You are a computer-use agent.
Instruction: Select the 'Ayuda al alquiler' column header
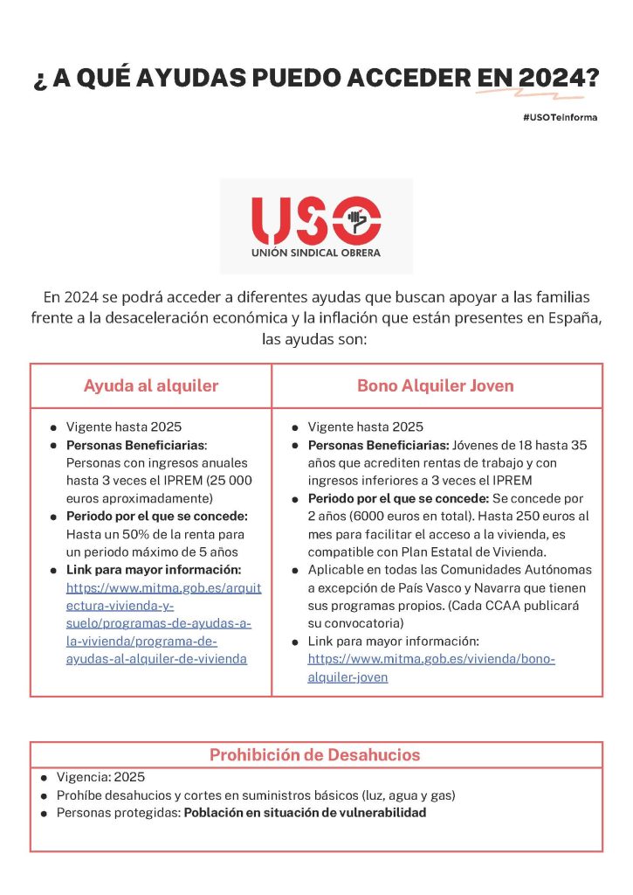[151, 385]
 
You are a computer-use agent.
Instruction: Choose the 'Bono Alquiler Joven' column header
[436, 385]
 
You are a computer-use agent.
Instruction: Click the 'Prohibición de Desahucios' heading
[315, 755]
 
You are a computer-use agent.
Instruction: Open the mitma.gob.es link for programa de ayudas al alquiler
[163, 623]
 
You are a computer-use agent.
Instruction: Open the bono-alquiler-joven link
[431, 668]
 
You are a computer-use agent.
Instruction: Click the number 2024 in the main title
[551, 78]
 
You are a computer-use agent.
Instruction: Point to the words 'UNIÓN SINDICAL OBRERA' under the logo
[316, 255]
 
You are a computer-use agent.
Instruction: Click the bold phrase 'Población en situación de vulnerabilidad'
[305, 813]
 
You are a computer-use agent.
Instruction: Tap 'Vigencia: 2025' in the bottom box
[100, 777]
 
